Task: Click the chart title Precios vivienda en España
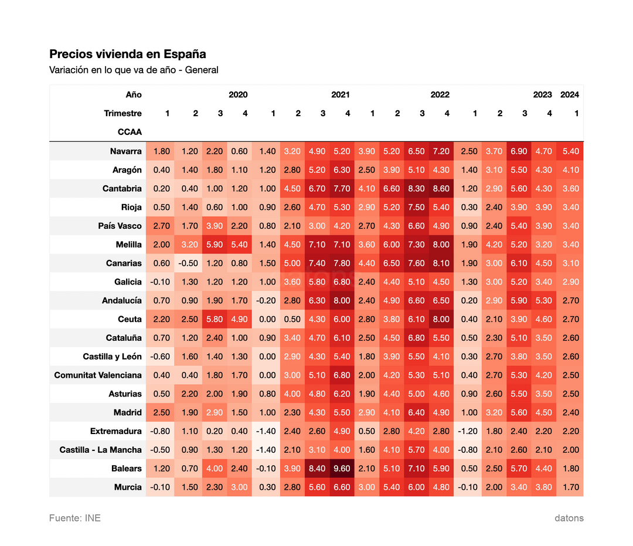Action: pos(128,54)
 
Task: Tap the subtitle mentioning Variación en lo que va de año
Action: pos(134,70)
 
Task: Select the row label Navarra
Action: pos(125,151)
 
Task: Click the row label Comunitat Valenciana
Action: pos(98,375)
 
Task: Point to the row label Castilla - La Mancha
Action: pos(101,450)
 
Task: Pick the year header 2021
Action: pos(341,95)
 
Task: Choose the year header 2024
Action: pos(570,95)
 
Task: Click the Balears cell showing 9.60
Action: pos(342,469)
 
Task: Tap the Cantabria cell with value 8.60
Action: pos(441,189)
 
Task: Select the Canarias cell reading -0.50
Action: pos(188,263)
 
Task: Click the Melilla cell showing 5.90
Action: pos(215,245)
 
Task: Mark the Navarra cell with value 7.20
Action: pos(441,151)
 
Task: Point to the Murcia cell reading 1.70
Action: pos(571,487)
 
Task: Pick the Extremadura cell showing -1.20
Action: pos(468,431)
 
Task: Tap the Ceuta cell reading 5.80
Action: pos(215,320)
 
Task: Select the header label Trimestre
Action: pos(122,113)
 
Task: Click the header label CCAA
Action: pos(130,132)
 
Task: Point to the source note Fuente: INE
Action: pos(74,518)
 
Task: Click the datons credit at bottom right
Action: pos(569,518)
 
